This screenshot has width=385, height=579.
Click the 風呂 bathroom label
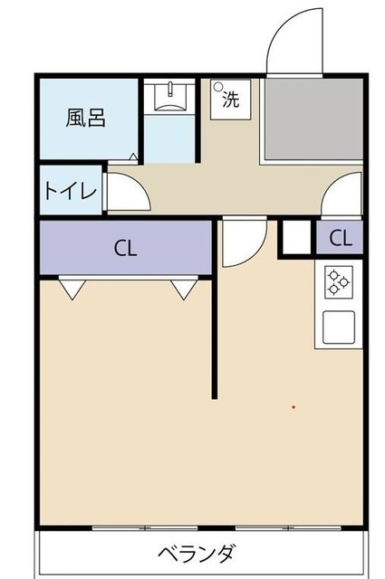coord(85,118)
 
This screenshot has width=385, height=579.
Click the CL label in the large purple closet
coord(125,249)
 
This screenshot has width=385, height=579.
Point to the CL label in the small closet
coord(340,239)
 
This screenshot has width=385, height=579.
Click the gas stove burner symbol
coord(339,283)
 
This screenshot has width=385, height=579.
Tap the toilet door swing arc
coord(122,192)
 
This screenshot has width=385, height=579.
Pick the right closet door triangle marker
coord(184,289)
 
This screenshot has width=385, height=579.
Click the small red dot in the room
coord(293,407)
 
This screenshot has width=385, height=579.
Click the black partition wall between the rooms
coord(215,335)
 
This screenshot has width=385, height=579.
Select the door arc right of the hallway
coord(342,195)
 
